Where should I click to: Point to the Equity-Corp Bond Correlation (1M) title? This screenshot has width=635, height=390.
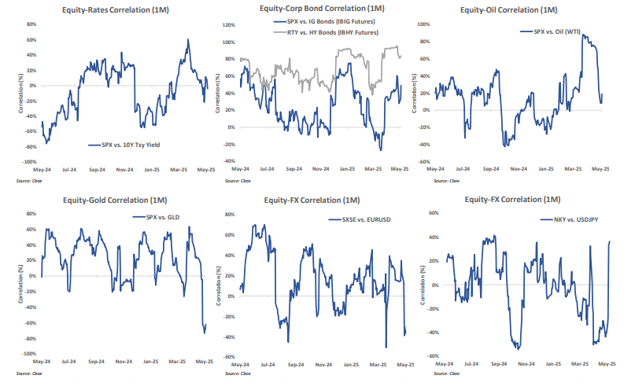(317, 9)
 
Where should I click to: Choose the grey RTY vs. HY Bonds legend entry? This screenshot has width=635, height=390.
(329, 33)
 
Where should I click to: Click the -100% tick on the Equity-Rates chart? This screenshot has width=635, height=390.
(29, 161)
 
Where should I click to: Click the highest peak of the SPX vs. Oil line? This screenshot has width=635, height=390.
(582, 35)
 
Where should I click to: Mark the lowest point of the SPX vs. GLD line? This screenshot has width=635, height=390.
(205, 333)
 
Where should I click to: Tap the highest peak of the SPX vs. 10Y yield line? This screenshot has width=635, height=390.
(187, 39)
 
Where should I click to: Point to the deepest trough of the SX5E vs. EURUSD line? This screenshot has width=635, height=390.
(386, 347)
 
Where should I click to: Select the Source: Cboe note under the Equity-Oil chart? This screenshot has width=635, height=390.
(441, 179)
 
